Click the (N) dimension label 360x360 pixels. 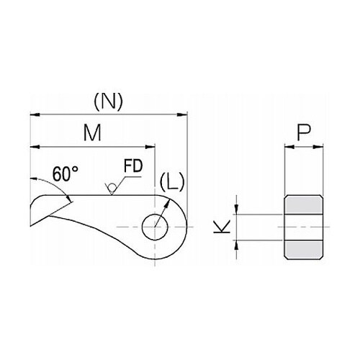(x=108, y=102)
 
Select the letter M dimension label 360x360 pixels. (x=92, y=132)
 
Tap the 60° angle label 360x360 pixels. (x=66, y=174)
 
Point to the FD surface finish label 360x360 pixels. (x=133, y=166)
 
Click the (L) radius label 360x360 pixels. (x=172, y=181)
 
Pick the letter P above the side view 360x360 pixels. (x=304, y=132)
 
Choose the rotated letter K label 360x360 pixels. (x=222, y=227)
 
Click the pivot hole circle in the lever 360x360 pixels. (x=155, y=227)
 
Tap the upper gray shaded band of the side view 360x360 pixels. (x=304, y=204)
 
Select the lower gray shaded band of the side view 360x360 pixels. (x=304, y=249)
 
